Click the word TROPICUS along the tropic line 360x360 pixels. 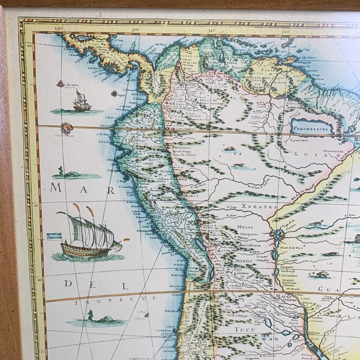[92, 299]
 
